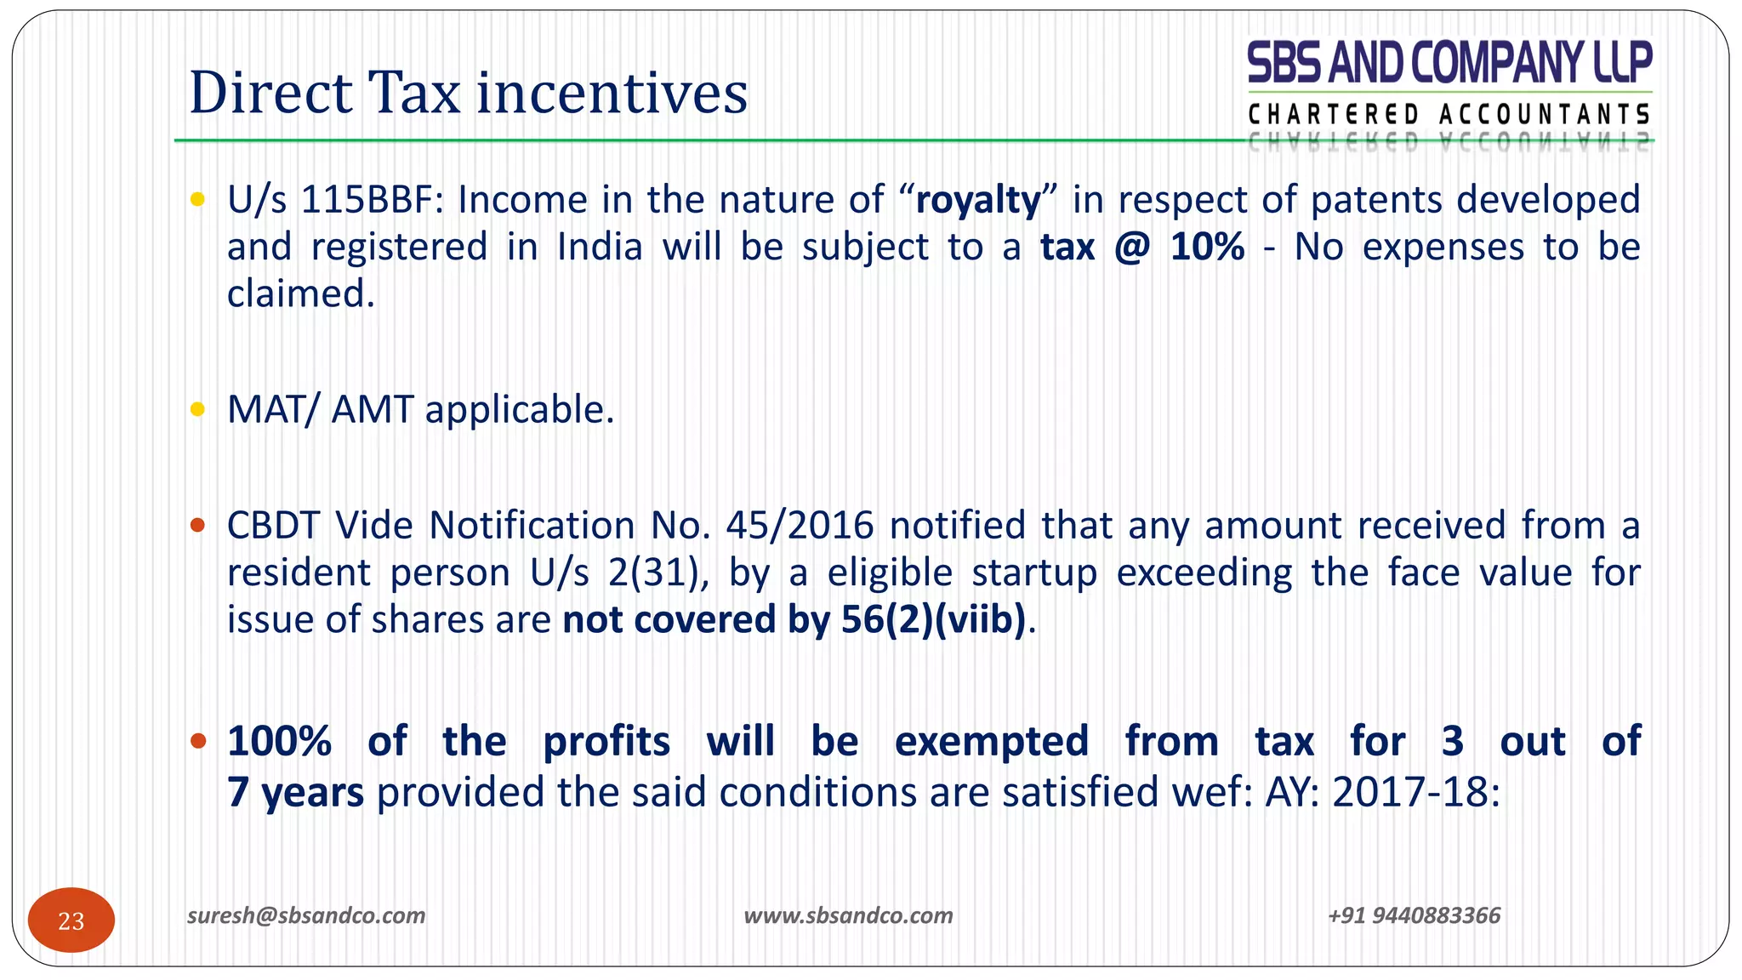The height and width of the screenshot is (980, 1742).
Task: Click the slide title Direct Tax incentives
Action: (x=468, y=93)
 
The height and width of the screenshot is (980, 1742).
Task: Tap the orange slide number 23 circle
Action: (x=71, y=920)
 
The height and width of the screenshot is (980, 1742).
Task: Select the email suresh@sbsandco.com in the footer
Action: (x=306, y=915)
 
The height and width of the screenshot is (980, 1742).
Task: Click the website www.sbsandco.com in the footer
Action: (x=848, y=915)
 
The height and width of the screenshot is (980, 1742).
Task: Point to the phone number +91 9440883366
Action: (x=1414, y=915)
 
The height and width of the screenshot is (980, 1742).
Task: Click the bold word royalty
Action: (x=978, y=201)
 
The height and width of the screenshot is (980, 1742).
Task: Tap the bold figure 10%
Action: (x=1207, y=248)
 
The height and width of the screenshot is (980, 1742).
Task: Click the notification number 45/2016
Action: (x=800, y=526)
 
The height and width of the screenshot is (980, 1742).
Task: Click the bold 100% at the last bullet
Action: (x=280, y=741)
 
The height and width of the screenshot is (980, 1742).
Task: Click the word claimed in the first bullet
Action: (x=300, y=294)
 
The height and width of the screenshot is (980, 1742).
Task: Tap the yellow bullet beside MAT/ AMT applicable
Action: (x=198, y=410)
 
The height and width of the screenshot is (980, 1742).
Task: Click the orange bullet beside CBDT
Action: (x=198, y=526)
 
